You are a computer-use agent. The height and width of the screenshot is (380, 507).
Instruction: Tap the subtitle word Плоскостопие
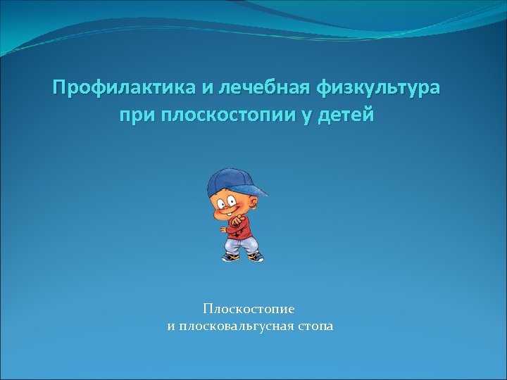click(x=249, y=308)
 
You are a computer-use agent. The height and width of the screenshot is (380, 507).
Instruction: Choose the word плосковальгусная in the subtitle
click(x=233, y=326)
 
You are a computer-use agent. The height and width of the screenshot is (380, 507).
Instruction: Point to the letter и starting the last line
click(x=170, y=327)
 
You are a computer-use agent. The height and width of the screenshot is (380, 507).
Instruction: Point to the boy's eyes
click(x=226, y=203)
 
